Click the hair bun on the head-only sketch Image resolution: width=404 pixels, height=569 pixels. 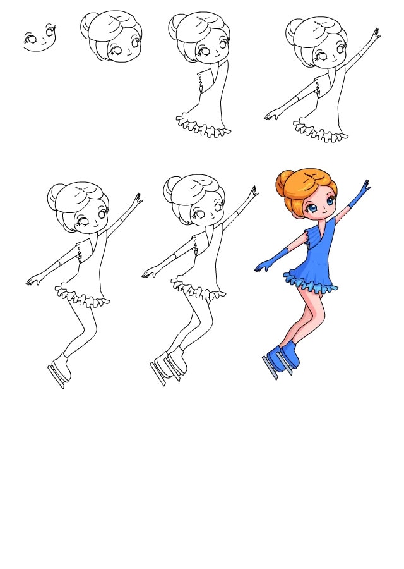[x=90, y=26]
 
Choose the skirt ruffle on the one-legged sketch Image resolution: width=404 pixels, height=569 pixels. [x=82, y=297]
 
